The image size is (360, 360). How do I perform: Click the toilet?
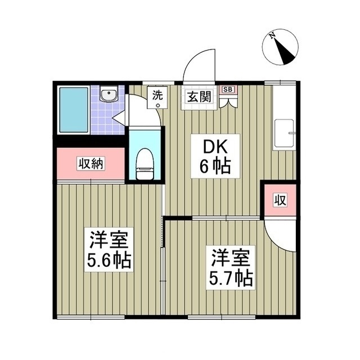coord(145,164)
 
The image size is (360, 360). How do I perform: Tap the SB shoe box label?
coord(229,89)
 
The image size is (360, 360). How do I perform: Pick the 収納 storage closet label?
coord(91,164)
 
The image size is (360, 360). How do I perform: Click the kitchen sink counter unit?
coord(284,134)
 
